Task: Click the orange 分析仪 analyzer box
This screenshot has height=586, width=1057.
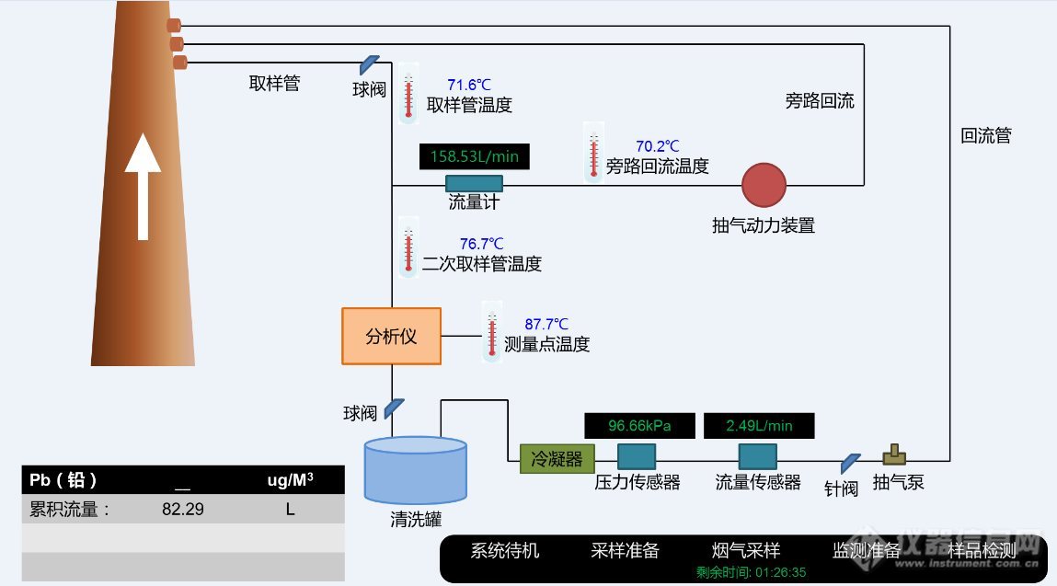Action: click(x=391, y=336)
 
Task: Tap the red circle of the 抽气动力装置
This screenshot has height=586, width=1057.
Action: click(x=764, y=185)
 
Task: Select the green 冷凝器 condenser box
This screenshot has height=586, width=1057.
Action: click(x=557, y=458)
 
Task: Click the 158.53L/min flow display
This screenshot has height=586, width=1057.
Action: click(x=474, y=156)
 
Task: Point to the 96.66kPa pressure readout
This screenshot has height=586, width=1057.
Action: click(x=639, y=426)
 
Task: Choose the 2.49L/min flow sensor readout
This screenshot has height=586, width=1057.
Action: click(x=759, y=426)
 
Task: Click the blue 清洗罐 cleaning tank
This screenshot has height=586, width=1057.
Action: click(x=415, y=469)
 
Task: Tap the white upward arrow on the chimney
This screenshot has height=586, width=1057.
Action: click(x=143, y=184)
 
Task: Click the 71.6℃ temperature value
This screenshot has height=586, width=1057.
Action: click(x=468, y=85)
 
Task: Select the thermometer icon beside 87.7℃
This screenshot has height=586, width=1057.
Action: click(x=492, y=331)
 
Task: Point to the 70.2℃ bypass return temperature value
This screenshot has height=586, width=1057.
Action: click(x=657, y=146)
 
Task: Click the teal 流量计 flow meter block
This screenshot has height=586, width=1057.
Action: click(x=474, y=183)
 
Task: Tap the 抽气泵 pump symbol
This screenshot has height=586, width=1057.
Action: click(x=893, y=455)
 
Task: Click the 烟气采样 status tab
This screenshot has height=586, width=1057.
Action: click(x=746, y=551)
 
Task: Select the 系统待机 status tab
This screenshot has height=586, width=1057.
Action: click(x=505, y=551)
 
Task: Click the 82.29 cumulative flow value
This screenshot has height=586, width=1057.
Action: click(x=182, y=509)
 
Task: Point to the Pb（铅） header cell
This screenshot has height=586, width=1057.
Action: click(x=63, y=479)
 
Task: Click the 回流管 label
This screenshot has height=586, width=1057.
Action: click(x=985, y=136)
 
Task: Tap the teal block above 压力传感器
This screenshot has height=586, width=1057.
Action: click(x=636, y=456)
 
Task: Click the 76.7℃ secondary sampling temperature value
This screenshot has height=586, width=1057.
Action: click(x=481, y=244)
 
